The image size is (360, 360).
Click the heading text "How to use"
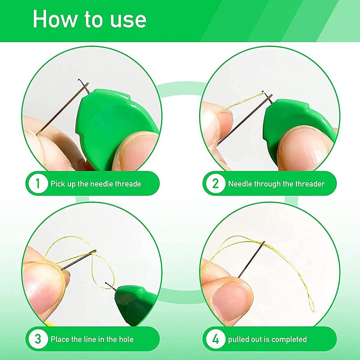point(89,20)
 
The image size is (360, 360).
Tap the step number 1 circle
point(38,184)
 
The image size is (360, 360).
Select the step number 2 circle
point(216,184)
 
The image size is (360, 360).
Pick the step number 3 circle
point(38,339)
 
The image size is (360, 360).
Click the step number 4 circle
point(216,339)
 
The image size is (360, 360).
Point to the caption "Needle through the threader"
point(276,184)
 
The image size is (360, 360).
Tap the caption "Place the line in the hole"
point(92,339)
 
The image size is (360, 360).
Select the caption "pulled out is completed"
point(268,339)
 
